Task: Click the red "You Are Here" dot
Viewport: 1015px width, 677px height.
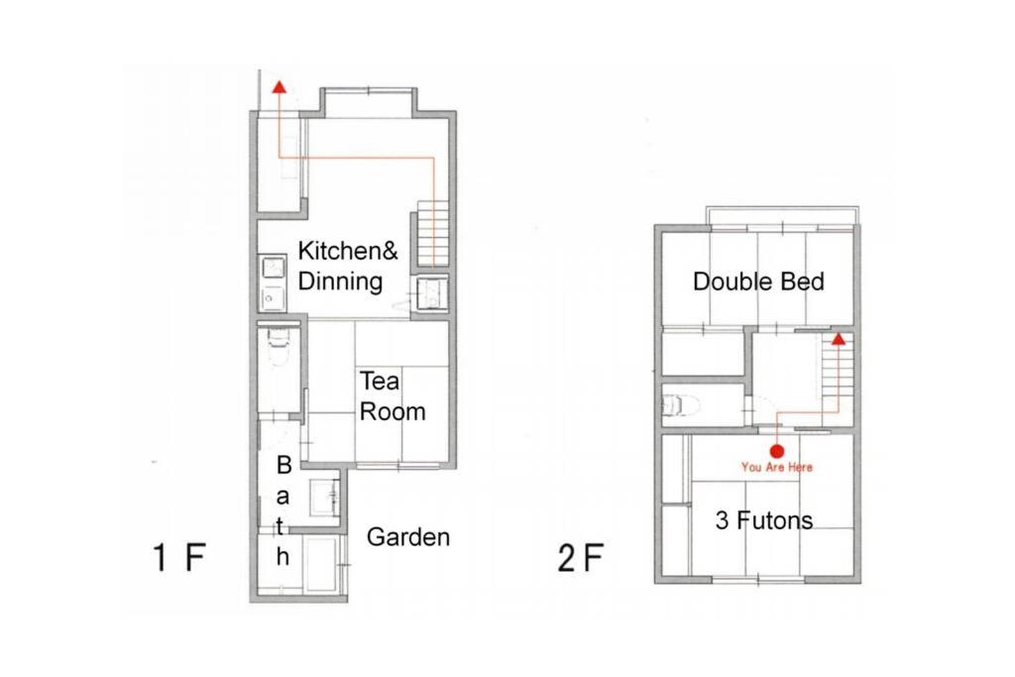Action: click(777, 451)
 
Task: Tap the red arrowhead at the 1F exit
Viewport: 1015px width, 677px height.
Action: click(279, 87)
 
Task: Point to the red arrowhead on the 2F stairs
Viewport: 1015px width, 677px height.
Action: click(839, 339)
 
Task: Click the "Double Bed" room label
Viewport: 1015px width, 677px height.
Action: click(758, 282)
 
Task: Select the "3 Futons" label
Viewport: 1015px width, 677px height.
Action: click(764, 520)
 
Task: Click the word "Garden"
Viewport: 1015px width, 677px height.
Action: click(407, 537)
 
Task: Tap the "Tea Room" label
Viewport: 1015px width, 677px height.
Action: click(393, 396)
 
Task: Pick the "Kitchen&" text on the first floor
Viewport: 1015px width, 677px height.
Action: click(348, 251)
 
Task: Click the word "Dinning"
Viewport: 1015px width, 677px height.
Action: click(341, 282)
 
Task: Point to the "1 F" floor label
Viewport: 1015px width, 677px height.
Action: click(179, 557)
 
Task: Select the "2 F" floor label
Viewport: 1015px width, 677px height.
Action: click(581, 557)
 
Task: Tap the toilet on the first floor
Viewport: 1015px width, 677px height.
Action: click(279, 346)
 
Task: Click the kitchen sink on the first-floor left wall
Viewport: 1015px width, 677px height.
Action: click(274, 283)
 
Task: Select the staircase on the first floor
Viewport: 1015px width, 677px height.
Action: click(433, 233)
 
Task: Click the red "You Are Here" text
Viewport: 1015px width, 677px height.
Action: click(777, 467)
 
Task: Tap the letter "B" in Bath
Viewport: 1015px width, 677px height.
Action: click(283, 465)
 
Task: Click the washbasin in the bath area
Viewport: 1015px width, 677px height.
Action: click(324, 497)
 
